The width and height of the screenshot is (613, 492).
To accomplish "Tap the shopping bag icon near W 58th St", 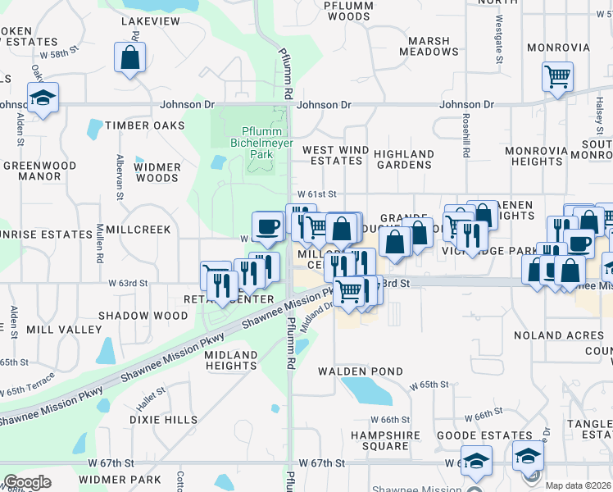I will click(130, 58).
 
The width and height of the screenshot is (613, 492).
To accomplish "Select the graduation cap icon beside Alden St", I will click(42, 98).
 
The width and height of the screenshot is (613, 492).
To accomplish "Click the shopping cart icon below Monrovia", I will click(557, 78).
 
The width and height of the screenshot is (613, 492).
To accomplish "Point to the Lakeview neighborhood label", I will click(150, 21).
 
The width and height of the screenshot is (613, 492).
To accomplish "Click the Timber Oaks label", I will click(145, 125).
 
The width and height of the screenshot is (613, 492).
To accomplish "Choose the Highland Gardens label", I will click(404, 159).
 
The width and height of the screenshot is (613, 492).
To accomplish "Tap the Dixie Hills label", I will click(163, 419).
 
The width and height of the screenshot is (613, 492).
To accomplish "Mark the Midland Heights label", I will click(231, 360).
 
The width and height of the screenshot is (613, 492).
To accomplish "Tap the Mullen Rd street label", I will click(100, 246).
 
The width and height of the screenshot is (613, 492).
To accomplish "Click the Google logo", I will click(27, 482).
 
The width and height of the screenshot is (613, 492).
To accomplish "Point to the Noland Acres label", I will click(558, 335).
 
